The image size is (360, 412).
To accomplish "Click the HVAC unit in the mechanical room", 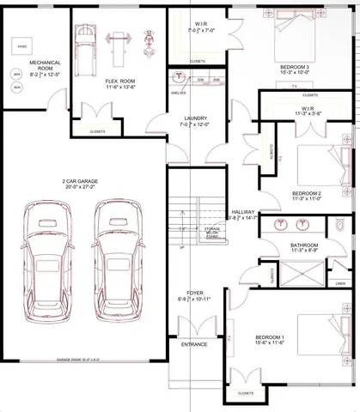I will pyautogui.click(x=20, y=45).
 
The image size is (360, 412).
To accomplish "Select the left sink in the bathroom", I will pyautogui.click(x=280, y=226).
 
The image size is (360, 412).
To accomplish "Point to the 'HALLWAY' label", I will pyautogui.click(x=244, y=212).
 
